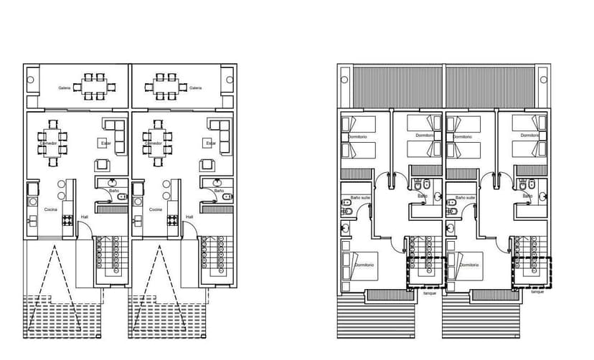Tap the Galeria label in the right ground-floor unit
point(195,88)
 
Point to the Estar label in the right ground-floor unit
point(211,143)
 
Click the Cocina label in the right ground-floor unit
point(156,209)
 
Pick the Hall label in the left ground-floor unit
point(84,217)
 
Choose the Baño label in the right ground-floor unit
point(219,191)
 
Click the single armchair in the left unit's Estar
point(103,165)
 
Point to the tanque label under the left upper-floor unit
point(429,293)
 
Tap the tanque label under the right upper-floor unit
point(537,293)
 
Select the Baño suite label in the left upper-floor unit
point(360,196)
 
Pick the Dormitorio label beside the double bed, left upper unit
point(364,265)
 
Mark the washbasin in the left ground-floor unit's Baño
point(113,184)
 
